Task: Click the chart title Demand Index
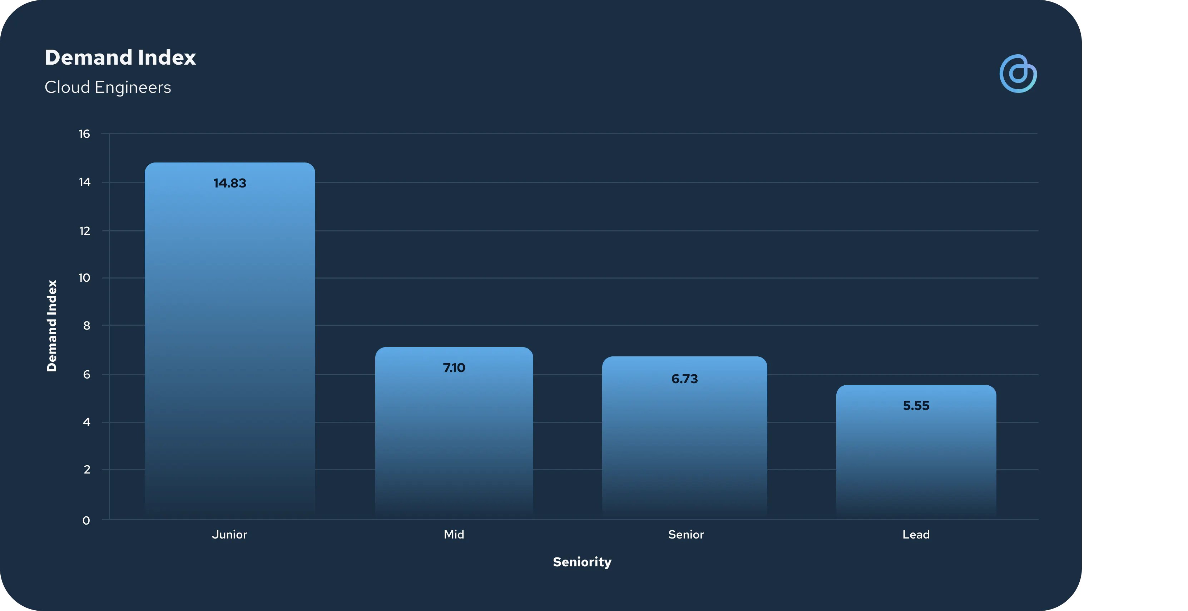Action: pos(120,57)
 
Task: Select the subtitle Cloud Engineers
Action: pos(108,87)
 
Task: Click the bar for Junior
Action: pos(230,341)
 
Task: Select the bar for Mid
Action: pos(454,433)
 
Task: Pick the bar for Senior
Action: pos(685,438)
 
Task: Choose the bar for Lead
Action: pos(916,452)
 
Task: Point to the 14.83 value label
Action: pos(230,184)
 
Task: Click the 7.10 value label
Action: pos(454,368)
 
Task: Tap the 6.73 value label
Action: pos(685,379)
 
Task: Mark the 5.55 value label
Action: pos(916,406)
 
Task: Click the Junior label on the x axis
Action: pos(230,535)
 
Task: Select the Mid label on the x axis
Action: pos(454,535)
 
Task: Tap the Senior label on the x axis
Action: pos(686,535)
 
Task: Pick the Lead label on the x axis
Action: pos(916,535)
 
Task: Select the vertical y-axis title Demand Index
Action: pos(52,325)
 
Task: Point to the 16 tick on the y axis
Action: pos(84,134)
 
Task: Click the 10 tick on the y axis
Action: pos(84,278)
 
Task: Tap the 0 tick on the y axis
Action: pos(86,521)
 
